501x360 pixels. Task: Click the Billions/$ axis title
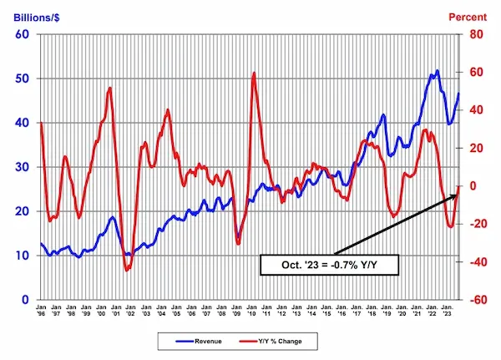tap(31, 14)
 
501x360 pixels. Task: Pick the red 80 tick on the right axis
tap(476, 34)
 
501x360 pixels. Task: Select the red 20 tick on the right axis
tap(476, 148)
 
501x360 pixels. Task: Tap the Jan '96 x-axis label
tap(42, 312)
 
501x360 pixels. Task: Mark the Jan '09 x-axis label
tap(237, 312)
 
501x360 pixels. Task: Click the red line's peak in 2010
tap(254, 74)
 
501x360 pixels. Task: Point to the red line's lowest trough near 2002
tap(127, 270)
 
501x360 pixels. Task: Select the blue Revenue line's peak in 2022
tap(437, 71)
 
